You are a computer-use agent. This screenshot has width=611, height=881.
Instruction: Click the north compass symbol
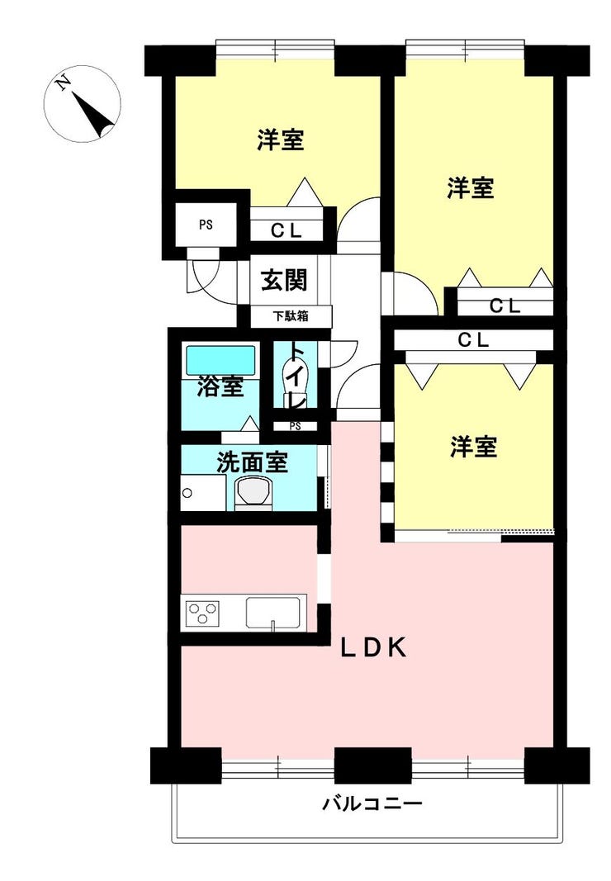coord(82,104)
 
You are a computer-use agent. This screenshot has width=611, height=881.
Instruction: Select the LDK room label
coord(373,648)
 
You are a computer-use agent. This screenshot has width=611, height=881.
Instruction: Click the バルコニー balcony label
coord(372,804)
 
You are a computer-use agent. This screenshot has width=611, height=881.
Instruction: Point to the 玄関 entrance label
coord(284,280)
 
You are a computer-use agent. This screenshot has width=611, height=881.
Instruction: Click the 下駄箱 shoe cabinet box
coord(291,316)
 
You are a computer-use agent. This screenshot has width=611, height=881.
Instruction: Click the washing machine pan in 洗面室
coord(203,493)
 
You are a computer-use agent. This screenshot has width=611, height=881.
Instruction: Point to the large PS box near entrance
coord(206,225)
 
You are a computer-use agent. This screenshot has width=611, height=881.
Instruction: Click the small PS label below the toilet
coord(295,426)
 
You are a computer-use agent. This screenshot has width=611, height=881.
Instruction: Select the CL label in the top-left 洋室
coord(287,230)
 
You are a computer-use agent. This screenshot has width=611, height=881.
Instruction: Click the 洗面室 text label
coord(253,462)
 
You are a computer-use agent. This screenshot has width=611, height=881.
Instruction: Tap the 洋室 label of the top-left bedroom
coord(281,140)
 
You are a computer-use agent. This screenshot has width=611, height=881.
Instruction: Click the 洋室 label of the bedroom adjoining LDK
coord(473,447)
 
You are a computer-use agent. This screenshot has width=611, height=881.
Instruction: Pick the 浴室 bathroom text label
coord(220,387)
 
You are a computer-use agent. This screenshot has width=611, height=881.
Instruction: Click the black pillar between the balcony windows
coord(372,765)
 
